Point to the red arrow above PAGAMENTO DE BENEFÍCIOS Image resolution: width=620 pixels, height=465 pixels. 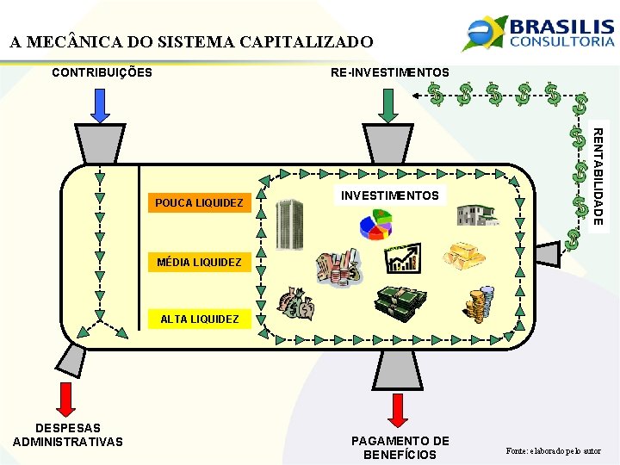(399, 412)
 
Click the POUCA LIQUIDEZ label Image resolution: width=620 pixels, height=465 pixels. (200, 203)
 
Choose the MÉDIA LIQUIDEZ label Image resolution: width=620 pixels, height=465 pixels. (200, 262)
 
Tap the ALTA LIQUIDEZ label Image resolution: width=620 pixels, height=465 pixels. (200, 319)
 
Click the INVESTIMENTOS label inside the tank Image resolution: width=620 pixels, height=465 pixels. (390, 195)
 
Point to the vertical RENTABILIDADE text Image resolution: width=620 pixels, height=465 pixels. (597, 176)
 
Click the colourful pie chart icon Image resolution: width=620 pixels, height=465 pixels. (375, 226)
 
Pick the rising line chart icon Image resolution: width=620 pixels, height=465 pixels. (402, 257)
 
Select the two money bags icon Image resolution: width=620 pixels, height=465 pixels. (297, 304)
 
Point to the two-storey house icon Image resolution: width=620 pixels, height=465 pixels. (478, 214)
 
